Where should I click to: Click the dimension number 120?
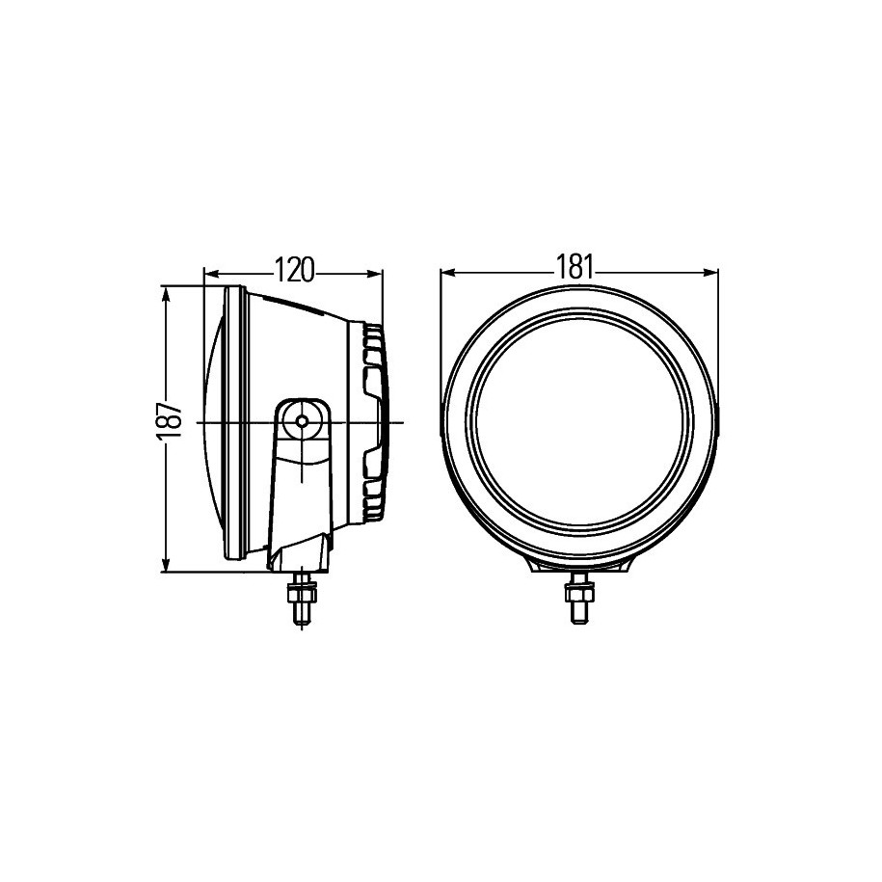(294, 271)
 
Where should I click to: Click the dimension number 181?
(575, 267)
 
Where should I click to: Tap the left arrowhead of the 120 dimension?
(211, 274)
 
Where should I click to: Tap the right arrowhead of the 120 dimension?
(375, 274)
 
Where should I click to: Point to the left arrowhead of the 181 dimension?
(448, 272)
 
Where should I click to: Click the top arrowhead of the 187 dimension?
(166, 294)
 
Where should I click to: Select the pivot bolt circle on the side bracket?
(303, 420)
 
